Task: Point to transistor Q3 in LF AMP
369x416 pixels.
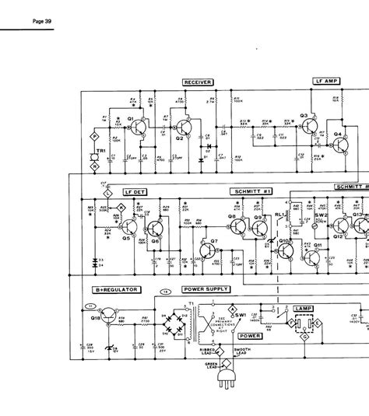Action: pos(305,124)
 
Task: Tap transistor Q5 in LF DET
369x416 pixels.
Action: pos(129,231)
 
